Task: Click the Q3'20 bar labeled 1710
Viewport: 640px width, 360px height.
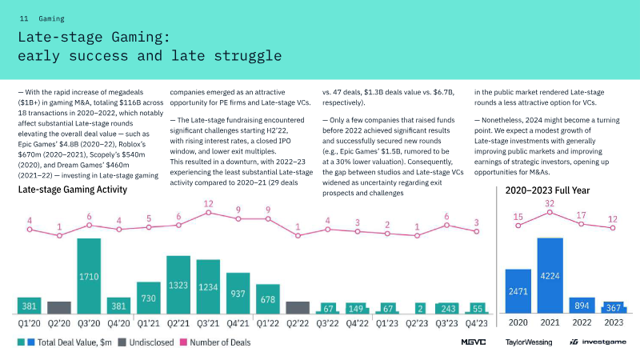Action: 89,275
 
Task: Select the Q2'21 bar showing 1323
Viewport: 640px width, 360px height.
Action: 178,285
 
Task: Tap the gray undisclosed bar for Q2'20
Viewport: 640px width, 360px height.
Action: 59,307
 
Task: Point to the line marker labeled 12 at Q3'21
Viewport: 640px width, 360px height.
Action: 208,212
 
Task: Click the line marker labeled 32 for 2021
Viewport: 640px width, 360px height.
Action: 550,212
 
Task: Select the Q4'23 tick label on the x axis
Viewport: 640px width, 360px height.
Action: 477,324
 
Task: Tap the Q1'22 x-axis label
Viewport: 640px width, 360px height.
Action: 268,324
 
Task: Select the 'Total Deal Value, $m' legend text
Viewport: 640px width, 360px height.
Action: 78,342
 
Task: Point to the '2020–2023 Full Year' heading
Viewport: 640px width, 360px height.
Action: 548,191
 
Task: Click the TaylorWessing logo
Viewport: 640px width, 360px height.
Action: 529,342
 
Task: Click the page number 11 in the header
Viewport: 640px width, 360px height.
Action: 24,18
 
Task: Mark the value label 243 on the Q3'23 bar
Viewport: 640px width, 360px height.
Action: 447,309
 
